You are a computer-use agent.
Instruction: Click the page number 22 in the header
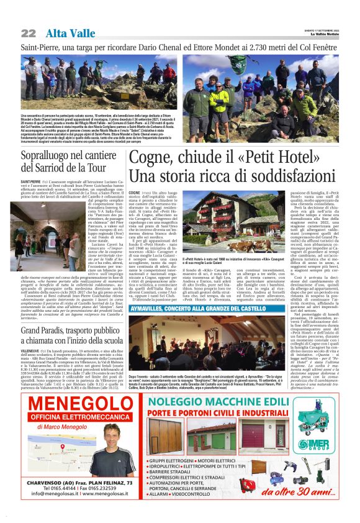(28, 33)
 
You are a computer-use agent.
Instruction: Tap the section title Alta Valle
(65, 33)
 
